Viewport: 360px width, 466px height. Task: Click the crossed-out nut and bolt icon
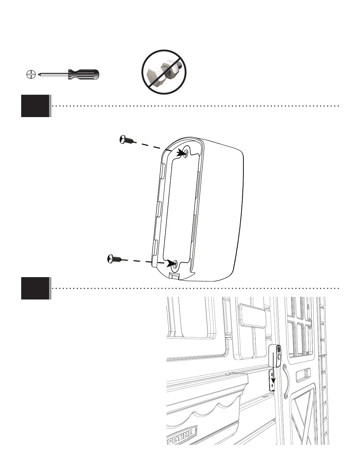(164, 72)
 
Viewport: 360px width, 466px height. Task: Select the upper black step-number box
(35, 106)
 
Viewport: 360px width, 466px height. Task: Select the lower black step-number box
(35, 288)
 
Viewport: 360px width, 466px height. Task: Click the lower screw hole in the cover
(176, 264)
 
